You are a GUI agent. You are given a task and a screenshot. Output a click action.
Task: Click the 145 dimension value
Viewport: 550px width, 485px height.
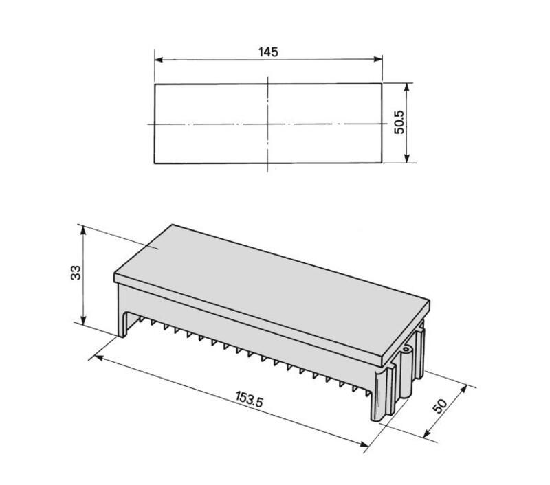[268, 52]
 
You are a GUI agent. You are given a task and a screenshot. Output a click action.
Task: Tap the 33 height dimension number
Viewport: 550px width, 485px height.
[76, 272]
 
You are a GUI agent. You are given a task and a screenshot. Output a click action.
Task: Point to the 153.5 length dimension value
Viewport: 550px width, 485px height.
[250, 399]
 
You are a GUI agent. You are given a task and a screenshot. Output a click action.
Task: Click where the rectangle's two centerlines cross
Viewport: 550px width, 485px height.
[268, 124]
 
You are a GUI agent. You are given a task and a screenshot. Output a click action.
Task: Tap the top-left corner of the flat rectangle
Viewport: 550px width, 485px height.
[155, 84]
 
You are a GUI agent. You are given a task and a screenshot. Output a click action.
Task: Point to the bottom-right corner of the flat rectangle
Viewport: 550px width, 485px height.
[382, 163]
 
